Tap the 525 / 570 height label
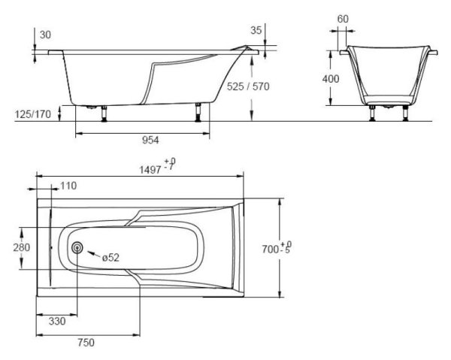click(248, 87)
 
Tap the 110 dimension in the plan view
click(68, 186)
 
